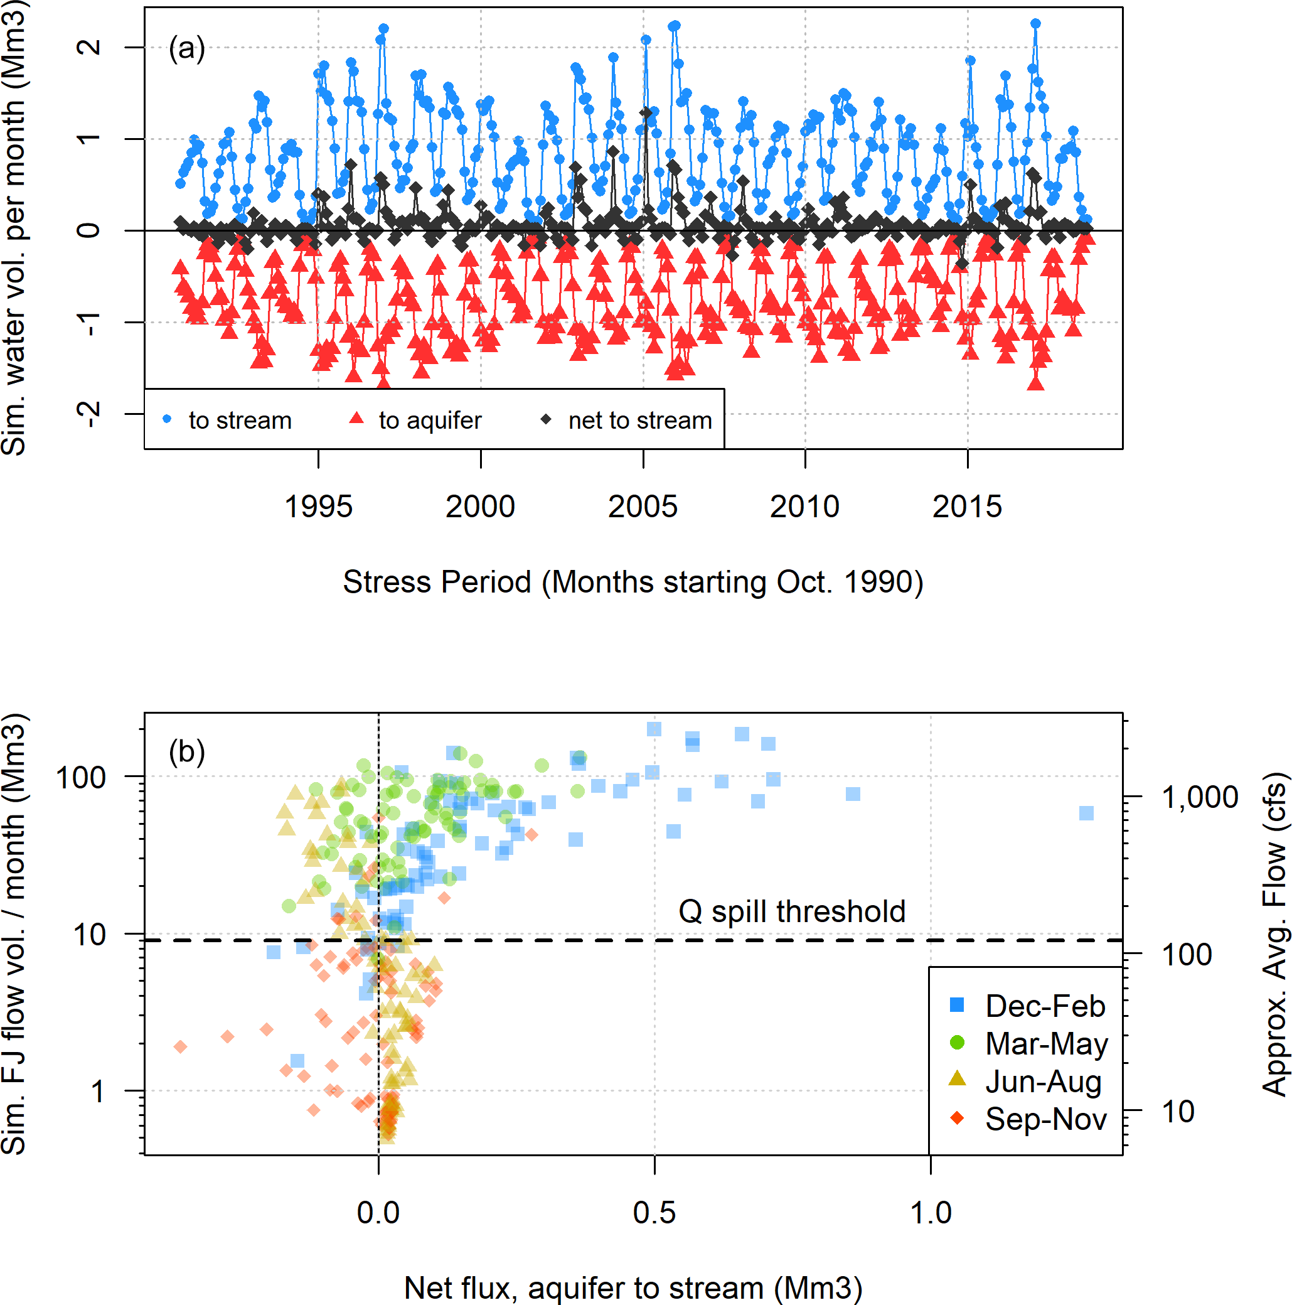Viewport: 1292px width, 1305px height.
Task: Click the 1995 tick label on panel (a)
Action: coord(318,507)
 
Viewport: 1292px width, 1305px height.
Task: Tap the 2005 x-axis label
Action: coord(643,507)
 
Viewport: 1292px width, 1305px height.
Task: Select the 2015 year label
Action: coord(966,507)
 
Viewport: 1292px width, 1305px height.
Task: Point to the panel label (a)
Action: coord(186,48)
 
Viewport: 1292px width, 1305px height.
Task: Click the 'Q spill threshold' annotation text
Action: coord(791,911)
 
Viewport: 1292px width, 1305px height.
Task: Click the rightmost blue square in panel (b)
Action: coord(1086,814)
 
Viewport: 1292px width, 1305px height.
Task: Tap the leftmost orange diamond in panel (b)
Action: coord(180,1047)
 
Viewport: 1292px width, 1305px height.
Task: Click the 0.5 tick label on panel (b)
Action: coord(654,1213)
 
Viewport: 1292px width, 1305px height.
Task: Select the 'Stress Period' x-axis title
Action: coord(633,583)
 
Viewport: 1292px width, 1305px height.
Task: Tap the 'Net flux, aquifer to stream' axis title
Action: coord(633,1288)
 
